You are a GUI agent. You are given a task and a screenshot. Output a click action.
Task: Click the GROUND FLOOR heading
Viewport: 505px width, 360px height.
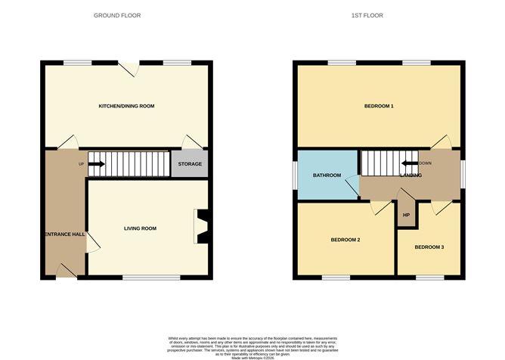click(116, 15)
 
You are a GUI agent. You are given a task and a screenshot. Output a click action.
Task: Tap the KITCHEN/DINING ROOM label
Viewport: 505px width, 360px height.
click(126, 106)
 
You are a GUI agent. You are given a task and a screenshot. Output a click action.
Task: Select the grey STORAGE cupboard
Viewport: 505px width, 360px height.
click(190, 163)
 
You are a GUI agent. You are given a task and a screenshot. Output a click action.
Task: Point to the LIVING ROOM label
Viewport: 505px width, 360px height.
click(140, 228)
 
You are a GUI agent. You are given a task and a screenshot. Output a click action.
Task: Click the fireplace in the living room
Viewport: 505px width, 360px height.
click(201, 227)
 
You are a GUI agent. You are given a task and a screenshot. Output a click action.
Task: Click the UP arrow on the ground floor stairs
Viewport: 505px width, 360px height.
click(96, 163)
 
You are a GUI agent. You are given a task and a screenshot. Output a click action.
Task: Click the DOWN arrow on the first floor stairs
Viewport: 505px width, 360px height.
click(409, 163)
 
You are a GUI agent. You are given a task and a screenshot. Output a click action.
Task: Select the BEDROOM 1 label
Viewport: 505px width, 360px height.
click(379, 106)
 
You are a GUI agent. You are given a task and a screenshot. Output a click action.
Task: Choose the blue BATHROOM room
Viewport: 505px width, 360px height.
click(327, 175)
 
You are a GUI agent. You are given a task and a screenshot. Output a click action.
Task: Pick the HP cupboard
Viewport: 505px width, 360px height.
click(406, 216)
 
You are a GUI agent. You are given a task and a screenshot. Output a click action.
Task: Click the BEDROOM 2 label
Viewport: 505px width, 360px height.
click(345, 240)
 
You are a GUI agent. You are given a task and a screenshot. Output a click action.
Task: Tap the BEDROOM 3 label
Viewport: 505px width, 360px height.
click(429, 247)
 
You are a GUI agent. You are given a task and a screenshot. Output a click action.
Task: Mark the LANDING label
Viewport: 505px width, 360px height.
click(411, 175)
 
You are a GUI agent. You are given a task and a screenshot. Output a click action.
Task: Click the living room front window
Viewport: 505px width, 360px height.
click(152, 278)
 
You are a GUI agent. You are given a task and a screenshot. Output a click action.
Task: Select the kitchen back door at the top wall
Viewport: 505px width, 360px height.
click(133, 67)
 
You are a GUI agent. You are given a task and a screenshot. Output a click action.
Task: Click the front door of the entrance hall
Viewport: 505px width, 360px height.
click(67, 272)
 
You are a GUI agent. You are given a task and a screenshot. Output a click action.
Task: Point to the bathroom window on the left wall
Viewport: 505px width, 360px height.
click(295, 175)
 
